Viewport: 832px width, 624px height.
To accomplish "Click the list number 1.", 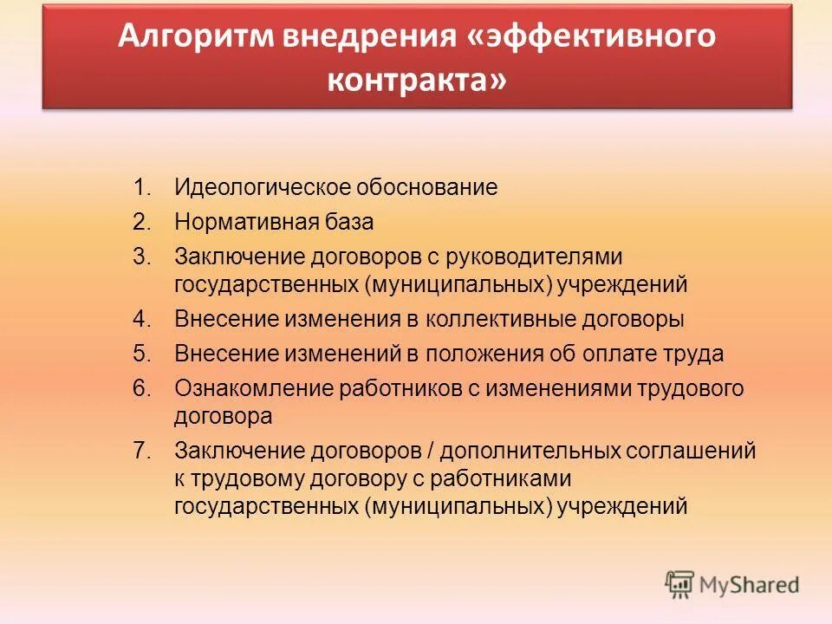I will pyautogui.click(x=141, y=187).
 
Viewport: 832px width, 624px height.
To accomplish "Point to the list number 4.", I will pyautogui.click(x=141, y=319).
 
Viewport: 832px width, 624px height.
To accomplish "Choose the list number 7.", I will pyautogui.click(x=141, y=450).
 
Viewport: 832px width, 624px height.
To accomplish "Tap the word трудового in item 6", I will pyautogui.click(x=689, y=388).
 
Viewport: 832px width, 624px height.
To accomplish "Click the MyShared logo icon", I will pyautogui.click(x=679, y=585).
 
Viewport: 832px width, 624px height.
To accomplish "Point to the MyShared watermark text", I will pyautogui.click(x=750, y=586).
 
